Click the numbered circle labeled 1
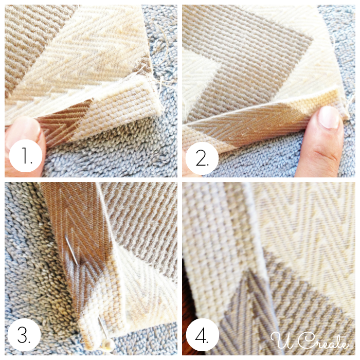[26, 156]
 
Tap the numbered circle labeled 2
[202, 158]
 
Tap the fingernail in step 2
[329, 117]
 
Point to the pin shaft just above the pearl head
[103, 328]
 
